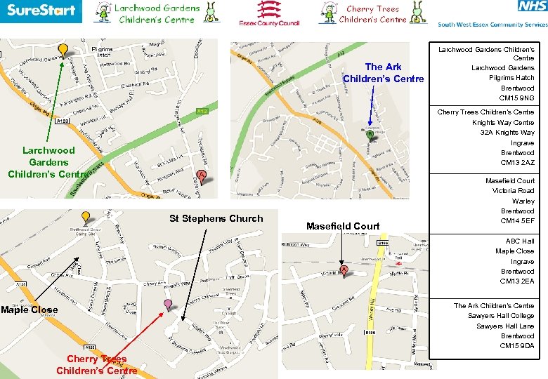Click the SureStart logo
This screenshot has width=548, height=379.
coord(41,12)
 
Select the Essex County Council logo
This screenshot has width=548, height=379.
coord(269,13)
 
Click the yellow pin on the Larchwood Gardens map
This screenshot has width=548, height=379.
coord(63,50)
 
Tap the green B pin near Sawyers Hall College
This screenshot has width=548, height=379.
coord(370,134)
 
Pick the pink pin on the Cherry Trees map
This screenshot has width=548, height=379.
coord(168,305)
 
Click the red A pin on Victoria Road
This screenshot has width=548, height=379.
coord(344,270)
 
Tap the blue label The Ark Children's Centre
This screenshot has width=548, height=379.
coord(384,73)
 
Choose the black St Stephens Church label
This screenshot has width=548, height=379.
coord(216,218)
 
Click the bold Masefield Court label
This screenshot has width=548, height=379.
coord(343,226)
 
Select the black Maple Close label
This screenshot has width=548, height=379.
coord(30,310)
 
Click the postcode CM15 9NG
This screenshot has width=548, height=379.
coord(518,98)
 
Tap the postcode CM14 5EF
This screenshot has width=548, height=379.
coord(518,221)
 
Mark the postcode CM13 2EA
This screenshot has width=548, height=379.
coord(517,281)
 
